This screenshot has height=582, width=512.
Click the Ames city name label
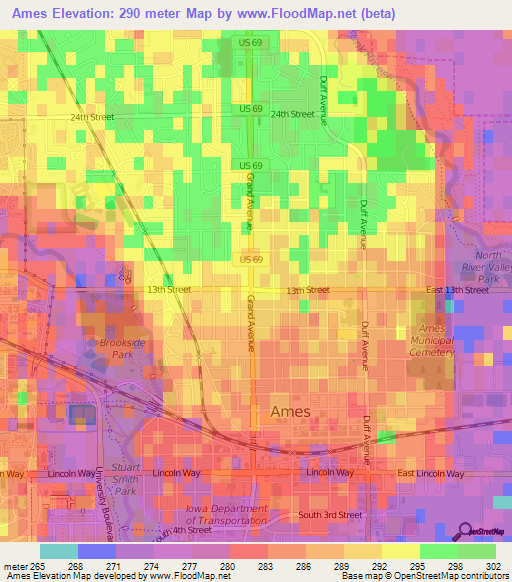click(291, 411)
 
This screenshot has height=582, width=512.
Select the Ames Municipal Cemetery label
click(434, 341)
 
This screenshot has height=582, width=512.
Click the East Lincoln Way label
click(433, 472)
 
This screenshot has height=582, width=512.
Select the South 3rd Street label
click(329, 515)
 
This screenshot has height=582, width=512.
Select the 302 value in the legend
click(494, 565)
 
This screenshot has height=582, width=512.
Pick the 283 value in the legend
click(266, 565)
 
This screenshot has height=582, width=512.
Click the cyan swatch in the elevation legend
click(58, 550)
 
